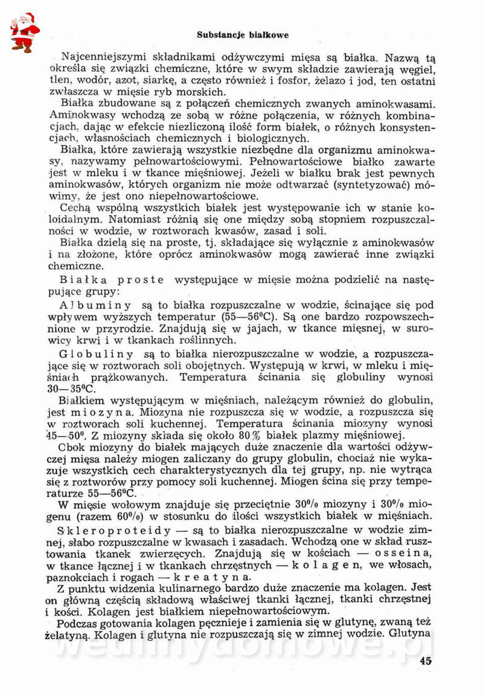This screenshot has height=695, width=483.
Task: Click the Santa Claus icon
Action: click(24, 32)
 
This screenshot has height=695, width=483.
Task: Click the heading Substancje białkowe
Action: click(243, 35)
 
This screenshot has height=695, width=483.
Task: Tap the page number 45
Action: click(425, 661)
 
